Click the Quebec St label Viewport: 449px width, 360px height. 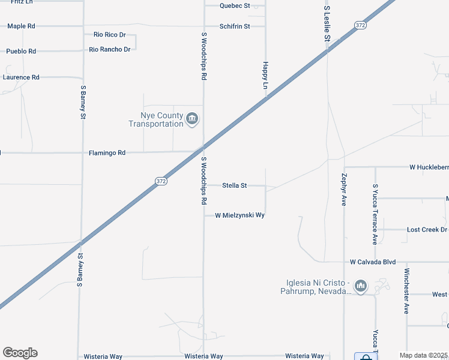tap(234, 5)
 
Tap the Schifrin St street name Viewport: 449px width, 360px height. tap(234, 26)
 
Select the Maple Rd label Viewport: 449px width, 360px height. tap(21, 26)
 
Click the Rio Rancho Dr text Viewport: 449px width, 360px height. tap(110, 49)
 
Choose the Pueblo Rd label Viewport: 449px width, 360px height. tap(21, 52)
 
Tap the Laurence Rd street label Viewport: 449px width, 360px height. tap(21, 77)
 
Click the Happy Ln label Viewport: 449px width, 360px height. tap(265, 75)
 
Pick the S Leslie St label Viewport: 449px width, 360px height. tap(327, 24)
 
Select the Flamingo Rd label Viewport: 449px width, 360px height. tap(107, 153)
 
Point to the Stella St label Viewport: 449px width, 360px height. tap(235, 186)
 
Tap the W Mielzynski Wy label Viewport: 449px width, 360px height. tap(240, 215)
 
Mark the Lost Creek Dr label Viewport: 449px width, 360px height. tap(427, 230)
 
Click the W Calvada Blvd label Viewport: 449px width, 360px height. tap(373, 262)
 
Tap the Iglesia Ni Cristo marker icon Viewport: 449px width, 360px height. tap(360, 286)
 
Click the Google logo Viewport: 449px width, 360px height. tap(20, 353)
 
